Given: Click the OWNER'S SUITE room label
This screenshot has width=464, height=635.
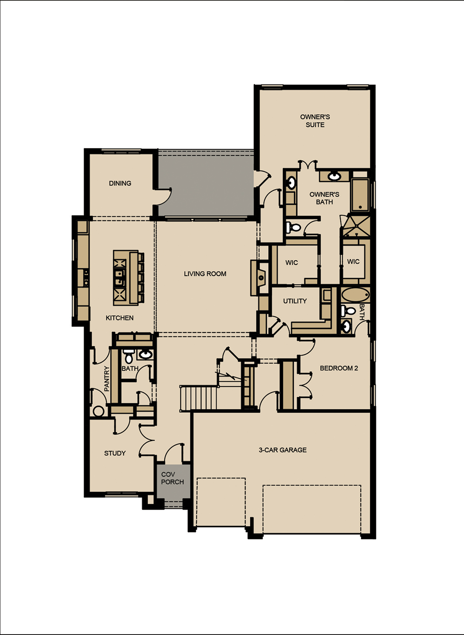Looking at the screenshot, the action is click(x=315, y=121).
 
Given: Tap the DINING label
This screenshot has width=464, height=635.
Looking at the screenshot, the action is click(x=120, y=183).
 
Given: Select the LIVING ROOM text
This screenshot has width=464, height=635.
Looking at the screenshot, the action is click(x=205, y=273).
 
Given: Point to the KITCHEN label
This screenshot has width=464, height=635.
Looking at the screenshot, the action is click(x=119, y=318).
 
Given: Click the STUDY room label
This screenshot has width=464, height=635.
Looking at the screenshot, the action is click(x=115, y=453).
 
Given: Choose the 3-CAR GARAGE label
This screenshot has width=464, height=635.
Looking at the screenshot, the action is click(x=283, y=450).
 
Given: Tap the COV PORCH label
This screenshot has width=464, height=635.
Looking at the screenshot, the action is click(x=172, y=478).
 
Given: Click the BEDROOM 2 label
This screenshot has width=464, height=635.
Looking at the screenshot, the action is click(x=339, y=368).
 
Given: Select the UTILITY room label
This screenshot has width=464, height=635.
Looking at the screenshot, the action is click(x=295, y=301).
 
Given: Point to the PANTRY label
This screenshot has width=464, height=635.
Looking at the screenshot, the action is click(x=107, y=379).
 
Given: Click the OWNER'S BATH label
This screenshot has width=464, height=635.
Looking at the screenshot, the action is click(x=324, y=198).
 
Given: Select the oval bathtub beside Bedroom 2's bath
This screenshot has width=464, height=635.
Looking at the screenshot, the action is click(x=355, y=295).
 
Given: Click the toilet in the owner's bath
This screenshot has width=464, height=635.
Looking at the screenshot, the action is click(x=293, y=227).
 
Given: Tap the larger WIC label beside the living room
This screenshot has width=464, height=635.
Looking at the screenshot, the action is click(x=291, y=263).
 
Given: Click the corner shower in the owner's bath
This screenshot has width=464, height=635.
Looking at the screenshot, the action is click(x=356, y=226).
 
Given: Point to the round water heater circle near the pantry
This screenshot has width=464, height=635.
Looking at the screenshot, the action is click(x=98, y=411).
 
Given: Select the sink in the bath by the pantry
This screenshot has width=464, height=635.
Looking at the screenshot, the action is click(x=145, y=354).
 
